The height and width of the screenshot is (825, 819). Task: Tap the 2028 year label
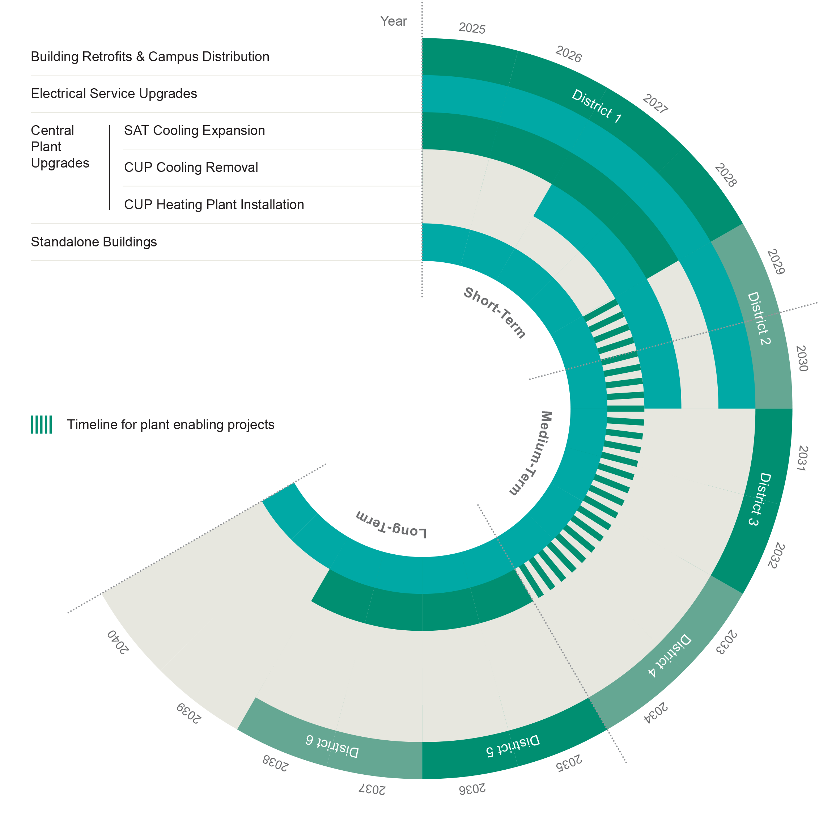point(725,175)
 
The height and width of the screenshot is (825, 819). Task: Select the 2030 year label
point(802,358)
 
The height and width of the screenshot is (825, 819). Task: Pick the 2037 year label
point(372,789)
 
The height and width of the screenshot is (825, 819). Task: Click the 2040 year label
point(118,642)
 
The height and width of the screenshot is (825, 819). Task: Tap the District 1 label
point(597,106)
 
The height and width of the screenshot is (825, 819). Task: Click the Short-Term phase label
point(495,313)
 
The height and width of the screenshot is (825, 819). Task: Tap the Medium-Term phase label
point(532,453)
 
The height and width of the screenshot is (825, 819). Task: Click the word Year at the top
point(393,21)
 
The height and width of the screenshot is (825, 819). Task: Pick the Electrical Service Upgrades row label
point(114,93)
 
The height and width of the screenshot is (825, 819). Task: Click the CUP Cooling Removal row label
point(191,168)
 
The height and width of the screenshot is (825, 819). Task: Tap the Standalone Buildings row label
point(94,242)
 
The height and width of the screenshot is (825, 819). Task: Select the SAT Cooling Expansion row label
point(194,130)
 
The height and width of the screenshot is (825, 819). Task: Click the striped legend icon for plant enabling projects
point(41,424)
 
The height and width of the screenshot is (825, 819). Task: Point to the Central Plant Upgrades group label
point(60,147)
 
